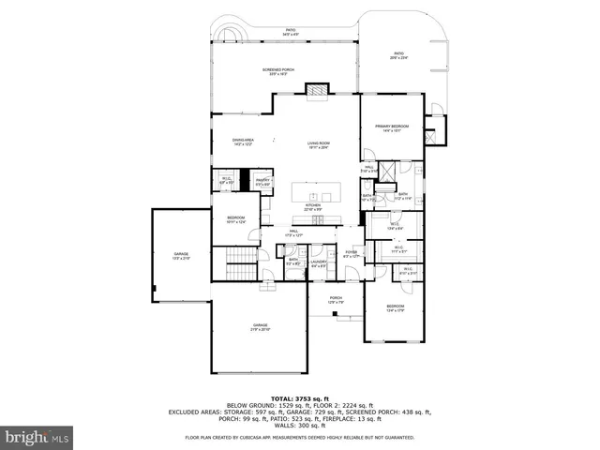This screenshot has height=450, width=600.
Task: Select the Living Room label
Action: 319,145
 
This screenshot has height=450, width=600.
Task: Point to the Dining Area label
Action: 244,142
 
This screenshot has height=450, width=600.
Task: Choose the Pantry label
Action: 263,182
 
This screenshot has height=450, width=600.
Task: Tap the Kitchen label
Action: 313,207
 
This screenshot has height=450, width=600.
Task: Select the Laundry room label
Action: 318,263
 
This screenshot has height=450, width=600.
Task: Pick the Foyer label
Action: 351,254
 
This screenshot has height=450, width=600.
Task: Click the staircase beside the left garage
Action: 243,257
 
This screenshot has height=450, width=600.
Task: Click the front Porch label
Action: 336,300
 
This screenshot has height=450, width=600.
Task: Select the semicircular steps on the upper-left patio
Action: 228,36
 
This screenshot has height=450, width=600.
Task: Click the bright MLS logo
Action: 37,437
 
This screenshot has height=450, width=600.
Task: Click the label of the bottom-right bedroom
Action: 396,307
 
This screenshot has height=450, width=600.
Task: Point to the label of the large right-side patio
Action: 398,55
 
